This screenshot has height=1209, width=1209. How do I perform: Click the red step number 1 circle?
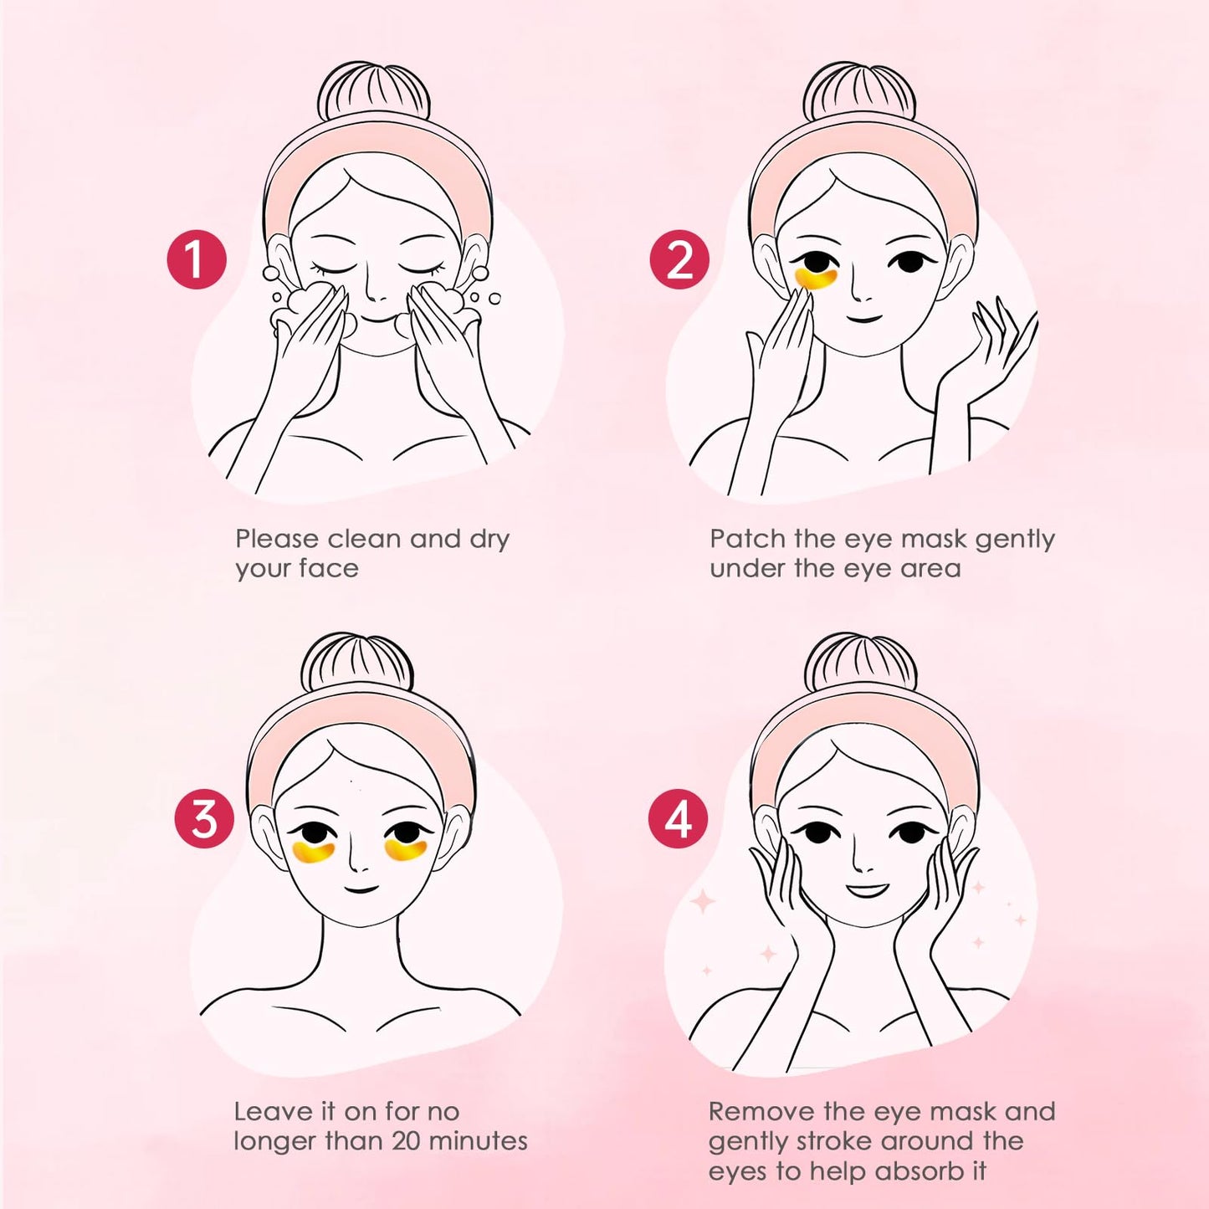point(197,259)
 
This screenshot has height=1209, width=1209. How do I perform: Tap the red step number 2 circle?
point(679,259)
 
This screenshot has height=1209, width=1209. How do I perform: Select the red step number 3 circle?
point(204,818)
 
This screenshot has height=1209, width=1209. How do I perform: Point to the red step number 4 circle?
point(679,818)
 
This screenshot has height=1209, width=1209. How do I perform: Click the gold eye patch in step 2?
point(815,278)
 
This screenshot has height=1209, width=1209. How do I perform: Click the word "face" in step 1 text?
point(328,569)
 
